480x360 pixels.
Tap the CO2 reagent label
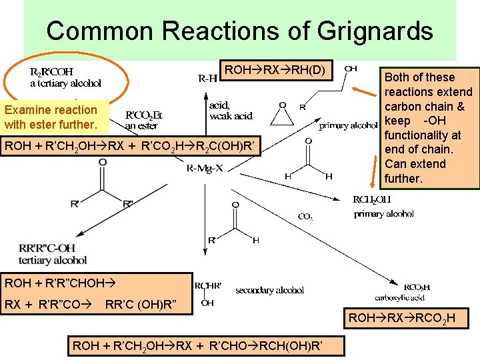tap(305, 216)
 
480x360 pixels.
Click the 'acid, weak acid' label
tap(231, 111)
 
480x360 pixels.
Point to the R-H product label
tap(207, 78)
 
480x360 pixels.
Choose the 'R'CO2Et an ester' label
tap(144, 119)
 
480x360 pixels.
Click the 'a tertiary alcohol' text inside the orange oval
tap(65, 83)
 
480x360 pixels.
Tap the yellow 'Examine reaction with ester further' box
tap(51, 117)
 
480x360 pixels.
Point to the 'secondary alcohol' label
tap(269, 290)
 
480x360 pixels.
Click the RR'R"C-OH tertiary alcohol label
tap(53, 255)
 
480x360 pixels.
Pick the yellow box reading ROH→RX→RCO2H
tap(402, 319)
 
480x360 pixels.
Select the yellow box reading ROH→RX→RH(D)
tap(275, 70)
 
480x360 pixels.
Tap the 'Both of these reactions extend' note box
tap(429, 127)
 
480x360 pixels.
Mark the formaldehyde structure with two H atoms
tap(308, 160)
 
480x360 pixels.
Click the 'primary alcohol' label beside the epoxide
tap(348, 125)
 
